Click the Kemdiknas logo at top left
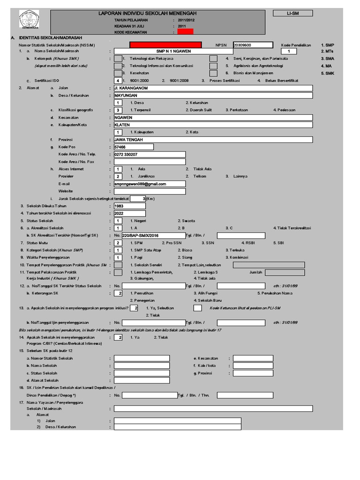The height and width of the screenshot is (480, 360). pos(29,21)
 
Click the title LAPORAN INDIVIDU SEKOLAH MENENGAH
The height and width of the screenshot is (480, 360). pos(147,13)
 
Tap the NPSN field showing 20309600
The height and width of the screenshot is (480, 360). pos(252,45)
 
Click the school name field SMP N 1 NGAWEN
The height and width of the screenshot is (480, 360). pos(173,51)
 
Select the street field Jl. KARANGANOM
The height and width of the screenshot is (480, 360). pos(213,88)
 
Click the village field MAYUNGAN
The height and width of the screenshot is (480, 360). pos(213,95)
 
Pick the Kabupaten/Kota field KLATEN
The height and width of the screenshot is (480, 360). pos(213,125)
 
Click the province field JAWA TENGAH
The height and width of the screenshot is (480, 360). pos(213,140)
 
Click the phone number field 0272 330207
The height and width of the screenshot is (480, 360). pos(150,154)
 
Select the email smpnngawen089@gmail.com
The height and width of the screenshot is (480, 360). pos(150,184)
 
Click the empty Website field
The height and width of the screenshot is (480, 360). pos(150,191)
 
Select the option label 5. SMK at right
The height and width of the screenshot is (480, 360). pos(327,74)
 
